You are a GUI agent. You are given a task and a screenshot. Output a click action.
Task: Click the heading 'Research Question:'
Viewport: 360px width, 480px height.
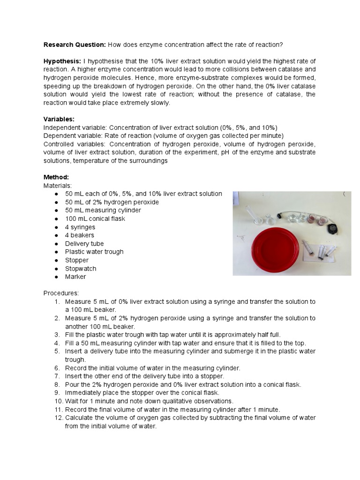pyautogui.click(x=75, y=45)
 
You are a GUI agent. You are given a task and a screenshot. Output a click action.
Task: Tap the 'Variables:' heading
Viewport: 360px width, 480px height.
pyautogui.click(x=59, y=120)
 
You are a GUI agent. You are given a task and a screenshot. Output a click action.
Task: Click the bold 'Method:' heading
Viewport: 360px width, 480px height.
pyautogui.click(x=56, y=177)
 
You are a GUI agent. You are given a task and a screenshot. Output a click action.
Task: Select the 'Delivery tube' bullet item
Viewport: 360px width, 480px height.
pyautogui.click(x=84, y=244)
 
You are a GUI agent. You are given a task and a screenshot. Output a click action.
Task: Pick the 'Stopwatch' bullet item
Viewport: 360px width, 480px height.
pyautogui.click(x=81, y=269)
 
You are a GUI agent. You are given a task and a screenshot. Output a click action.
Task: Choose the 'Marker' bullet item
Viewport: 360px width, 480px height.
pyautogui.click(x=75, y=277)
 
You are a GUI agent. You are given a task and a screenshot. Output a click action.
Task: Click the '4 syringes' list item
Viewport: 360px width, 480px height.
pyautogui.click(x=80, y=227)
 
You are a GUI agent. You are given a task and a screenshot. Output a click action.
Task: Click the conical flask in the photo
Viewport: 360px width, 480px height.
pyautogui.click(x=268, y=218)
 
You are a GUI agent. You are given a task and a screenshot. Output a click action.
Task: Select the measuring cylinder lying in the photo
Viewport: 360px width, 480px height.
pyautogui.click(x=250, y=214)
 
